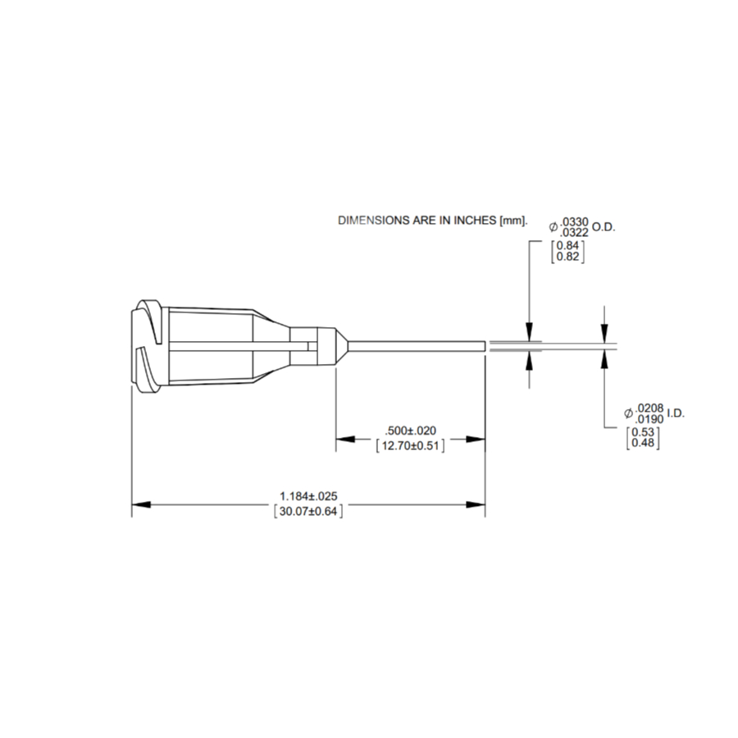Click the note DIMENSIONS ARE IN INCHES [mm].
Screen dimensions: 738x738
pyautogui.click(x=432, y=221)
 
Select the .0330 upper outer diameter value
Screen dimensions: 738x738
pyautogui.click(x=575, y=223)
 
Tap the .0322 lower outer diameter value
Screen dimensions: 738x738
pyautogui.click(x=575, y=234)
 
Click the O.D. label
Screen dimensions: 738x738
pyautogui.click(x=604, y=226)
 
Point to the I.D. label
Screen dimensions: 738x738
pyautogui.click(x=674, y=412)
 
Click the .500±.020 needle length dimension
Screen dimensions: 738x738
pyautogui.click(x=410, y=431)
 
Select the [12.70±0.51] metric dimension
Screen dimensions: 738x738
pyautogui.click(x=410, y=446)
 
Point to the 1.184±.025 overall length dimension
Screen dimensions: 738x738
pyautogui.click(x=308, y=496)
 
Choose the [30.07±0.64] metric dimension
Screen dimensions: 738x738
pyautogui.click(x=308, y=511)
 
